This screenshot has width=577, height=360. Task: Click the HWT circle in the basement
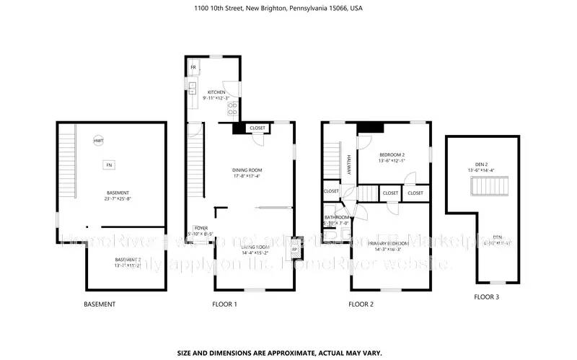coord(98,141)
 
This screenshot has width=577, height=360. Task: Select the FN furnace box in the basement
coord(109,164)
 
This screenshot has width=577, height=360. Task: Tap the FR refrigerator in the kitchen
coord(193,68)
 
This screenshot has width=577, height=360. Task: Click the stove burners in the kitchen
coord(233,109)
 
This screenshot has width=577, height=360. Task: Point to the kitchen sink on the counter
coord(193,89)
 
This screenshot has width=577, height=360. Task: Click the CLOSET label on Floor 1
coord(257,128)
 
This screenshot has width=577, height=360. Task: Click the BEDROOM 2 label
coord(392,155)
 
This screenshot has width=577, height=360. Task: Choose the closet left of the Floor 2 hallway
coord(331,191)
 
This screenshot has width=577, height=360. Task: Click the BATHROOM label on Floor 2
coord(337,217)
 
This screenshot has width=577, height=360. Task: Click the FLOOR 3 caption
coord(486,297)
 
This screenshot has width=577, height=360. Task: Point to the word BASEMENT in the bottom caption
coord(100,304)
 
